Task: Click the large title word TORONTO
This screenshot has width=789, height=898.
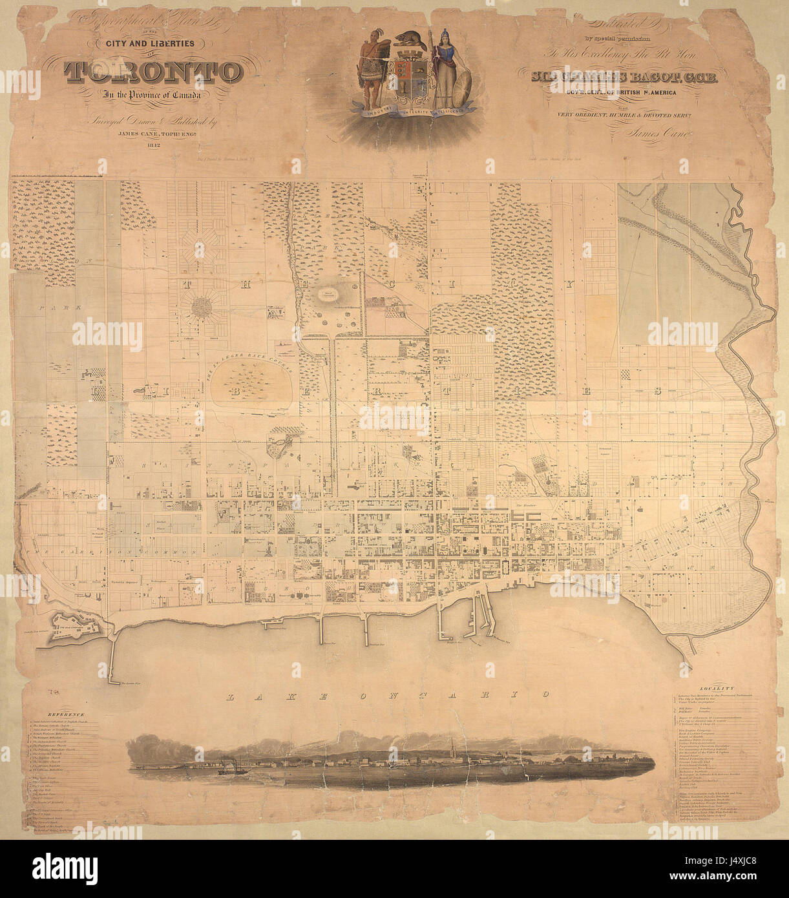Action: [x=154, y=72]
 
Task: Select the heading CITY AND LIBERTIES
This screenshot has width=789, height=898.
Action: [x=154, y=43]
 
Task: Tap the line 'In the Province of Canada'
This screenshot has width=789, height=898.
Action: [x=153, y=96]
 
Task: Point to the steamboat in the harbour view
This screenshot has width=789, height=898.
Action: [x=229, y=768]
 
